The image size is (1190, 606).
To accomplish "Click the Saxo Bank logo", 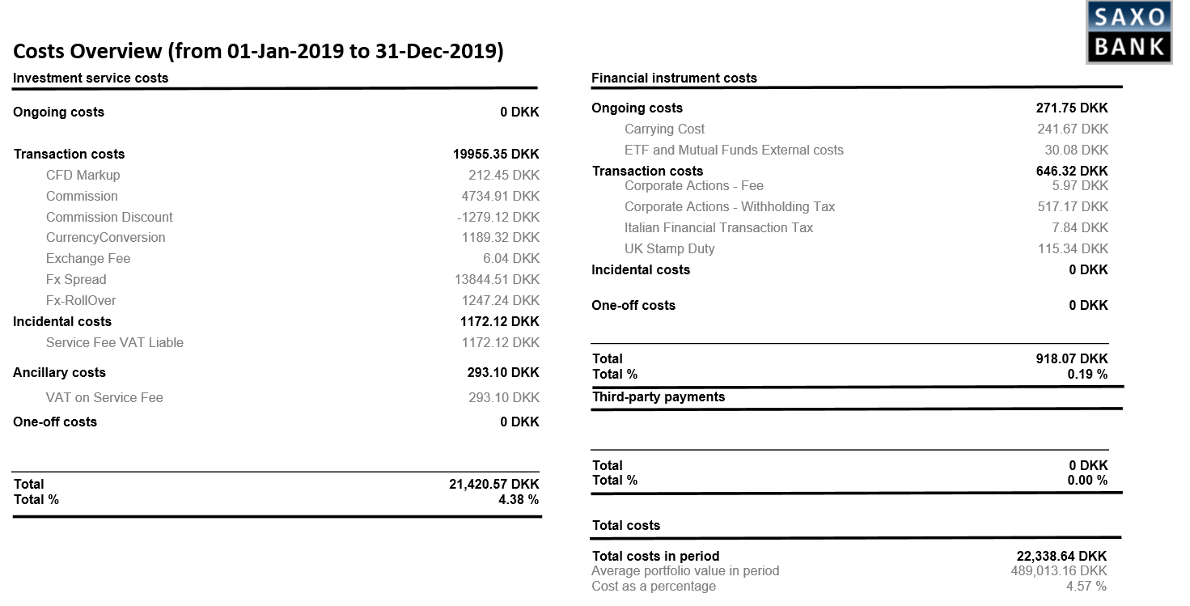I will tap(1129, 32).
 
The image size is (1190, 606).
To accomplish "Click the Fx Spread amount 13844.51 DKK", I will tap(497, 279).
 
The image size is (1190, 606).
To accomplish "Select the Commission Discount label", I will tap(109, 217).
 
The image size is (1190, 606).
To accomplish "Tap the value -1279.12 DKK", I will tap(498, 217).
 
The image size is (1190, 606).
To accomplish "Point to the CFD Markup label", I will tap(83, 175).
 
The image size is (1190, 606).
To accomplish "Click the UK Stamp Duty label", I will tap(669, 248).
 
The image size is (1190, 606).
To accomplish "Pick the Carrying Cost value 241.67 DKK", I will tap(1073, 129).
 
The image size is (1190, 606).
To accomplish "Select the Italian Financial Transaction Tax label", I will tap(718, 227).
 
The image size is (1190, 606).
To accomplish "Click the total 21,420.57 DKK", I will tap(493, 484).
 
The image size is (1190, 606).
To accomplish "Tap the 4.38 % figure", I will tap(519, 499).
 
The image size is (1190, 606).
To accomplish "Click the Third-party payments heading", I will tap(659, 396).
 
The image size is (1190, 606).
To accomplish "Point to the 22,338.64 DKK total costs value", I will tap(1061, 556).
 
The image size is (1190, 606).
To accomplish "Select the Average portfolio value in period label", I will tap(685, 570).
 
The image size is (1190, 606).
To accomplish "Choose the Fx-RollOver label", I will tap(81, 300).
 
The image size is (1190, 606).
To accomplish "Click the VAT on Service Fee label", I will tap(104, 397).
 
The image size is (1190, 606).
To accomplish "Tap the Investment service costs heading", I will tap(91, 78).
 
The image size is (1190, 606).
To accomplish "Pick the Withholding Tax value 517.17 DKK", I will tap(1073, 206).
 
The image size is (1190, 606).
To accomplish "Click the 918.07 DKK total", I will tap(1072, 358).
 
